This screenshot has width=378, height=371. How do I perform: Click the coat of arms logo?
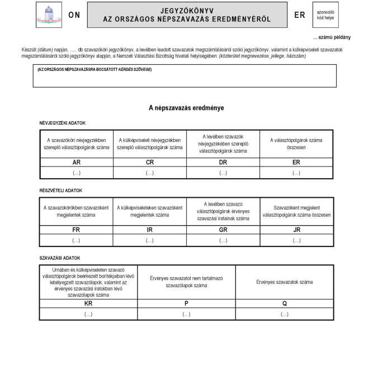click(x=49, y=15)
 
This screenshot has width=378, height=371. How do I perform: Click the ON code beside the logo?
click(x=74, y=15)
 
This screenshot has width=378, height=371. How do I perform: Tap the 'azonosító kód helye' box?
click(x=325, y=15)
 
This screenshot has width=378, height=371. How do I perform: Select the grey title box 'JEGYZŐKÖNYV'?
click(x=187, y=15)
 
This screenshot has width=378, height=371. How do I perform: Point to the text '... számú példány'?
click(x=332, y=37)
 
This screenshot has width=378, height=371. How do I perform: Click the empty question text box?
click(x=185, y=78)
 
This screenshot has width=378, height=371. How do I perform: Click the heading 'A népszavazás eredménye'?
click(x=186, y=108)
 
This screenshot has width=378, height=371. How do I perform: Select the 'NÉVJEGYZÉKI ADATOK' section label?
click(x=62, y=123)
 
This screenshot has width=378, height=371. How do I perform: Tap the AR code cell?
click(x=76, y=162)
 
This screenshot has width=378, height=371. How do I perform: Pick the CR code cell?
click(x=149, y=162)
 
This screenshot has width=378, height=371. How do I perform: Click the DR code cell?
click(x=223, y=162)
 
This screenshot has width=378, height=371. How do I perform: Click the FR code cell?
click(x=76, y=230)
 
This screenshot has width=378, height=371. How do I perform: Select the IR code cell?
click(x=149, y=230)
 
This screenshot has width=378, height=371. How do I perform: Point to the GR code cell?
click(x=223, y=230)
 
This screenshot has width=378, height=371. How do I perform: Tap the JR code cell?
click(x=296, y=230)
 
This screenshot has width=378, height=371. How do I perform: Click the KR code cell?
click(x=88, y=303)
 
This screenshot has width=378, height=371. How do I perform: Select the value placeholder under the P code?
click(x=186, y=314)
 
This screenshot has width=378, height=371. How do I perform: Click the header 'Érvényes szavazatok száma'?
click(x=284, y=282)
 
